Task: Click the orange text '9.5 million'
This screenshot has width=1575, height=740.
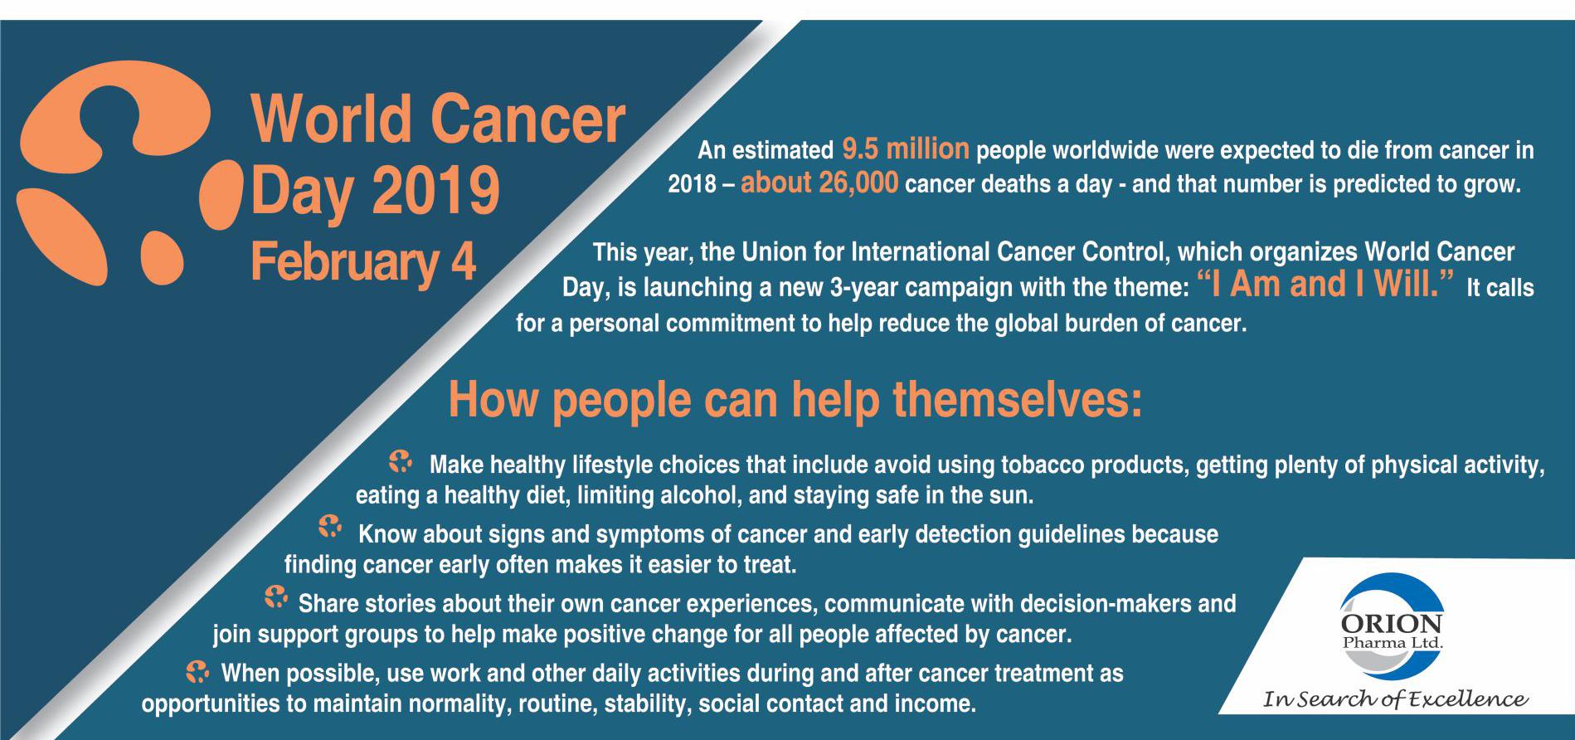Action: [905, 149]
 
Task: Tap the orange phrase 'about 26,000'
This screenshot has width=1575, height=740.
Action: [819, 183]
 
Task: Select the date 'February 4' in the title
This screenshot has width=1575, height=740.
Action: [363, 262]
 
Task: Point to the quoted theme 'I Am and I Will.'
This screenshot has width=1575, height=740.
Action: [1327, 284]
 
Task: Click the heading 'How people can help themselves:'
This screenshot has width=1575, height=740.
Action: [795, 399]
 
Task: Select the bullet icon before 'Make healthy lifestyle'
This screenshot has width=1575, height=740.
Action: [401, 462]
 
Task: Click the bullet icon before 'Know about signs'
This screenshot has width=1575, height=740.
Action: [330, 526]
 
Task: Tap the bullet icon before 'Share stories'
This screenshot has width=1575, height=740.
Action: [275, 596]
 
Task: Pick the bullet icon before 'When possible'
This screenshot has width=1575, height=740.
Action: [197, 669]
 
